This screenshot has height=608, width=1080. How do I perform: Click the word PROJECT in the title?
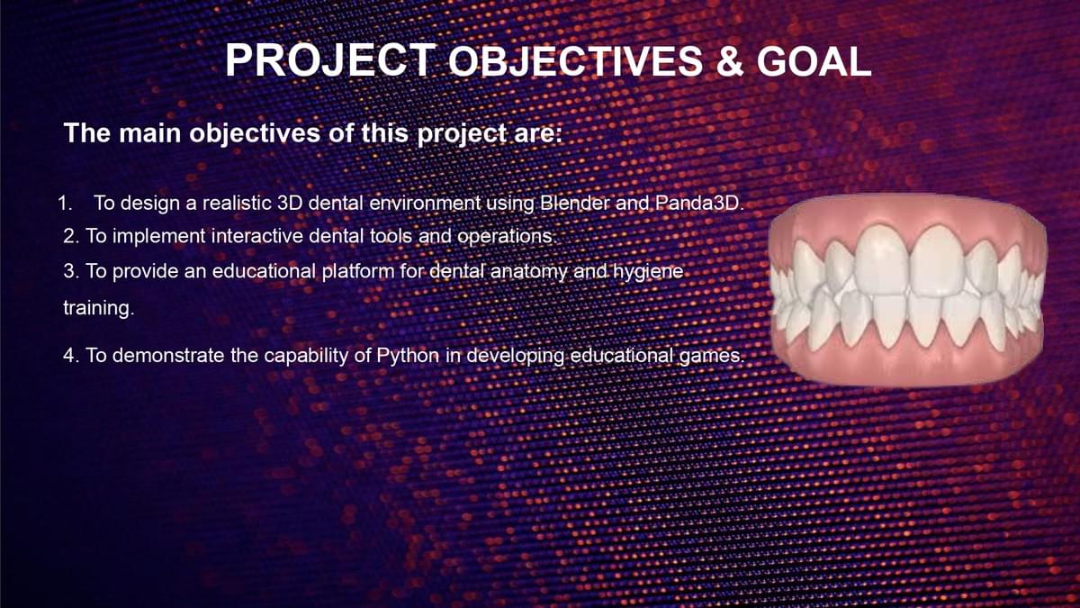pyautogui.click(x=331, y=60)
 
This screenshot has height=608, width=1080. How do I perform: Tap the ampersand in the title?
pyautogui.click(x=730, y=62)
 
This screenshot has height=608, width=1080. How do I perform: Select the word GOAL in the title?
pyautogui.click(x=814, y=62)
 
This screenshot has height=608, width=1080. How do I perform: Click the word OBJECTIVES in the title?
pyautogui.click(x=576, y=62)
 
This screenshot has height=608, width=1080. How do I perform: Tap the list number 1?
pyautogui.click(x=65, y=204)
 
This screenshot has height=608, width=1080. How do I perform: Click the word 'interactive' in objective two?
pyautogui.click(x=257, y=236)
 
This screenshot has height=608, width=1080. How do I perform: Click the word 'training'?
pyautogui.click(x=99, y=308)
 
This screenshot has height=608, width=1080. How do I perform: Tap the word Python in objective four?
pyautogui.click(x=408, y=356)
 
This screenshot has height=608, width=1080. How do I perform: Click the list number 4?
pyautogui.click(x=71, y=356)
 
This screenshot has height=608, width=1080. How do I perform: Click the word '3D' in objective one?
pyautogui.click(x=290, y=203)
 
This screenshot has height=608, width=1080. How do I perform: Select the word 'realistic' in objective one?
pyautogui.click(x=237, y=203)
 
